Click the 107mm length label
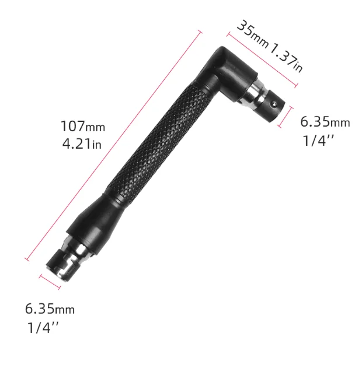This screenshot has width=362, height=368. tap(83, 126)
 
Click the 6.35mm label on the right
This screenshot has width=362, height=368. tap(325, 122)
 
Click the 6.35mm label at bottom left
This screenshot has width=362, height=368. tap(50, 309)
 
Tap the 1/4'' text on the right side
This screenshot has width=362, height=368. tap(318, 141)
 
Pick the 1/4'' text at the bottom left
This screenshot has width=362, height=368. tap(43, 328)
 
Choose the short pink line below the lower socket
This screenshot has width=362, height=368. tap(50, 281)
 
